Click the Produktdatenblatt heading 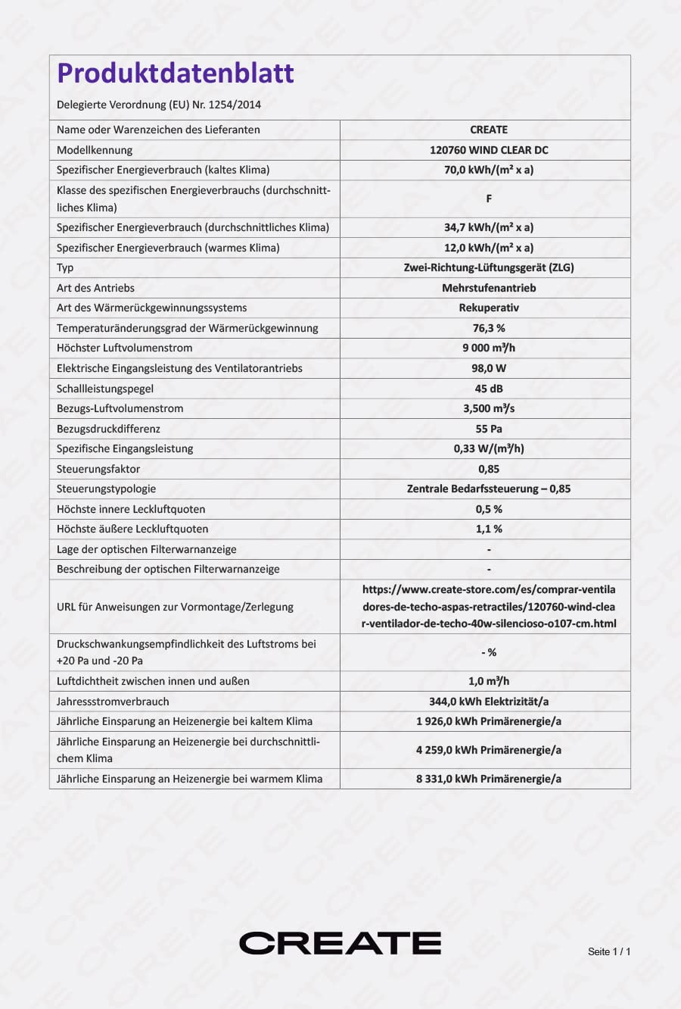click(x=176, y=73)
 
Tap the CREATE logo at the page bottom click(x=340, y=943)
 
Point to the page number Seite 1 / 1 click(x=608, y=951)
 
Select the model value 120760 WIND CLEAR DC click(x=489, y=150)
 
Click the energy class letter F click(x=489, y=198)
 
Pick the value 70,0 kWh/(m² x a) click(x=489, y=170)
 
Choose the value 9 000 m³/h click(x=489, y=348)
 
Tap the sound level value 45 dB click(x=489, y=389)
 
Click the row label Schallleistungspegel click(x=105, y=389)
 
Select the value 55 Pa click(x=489, y=429)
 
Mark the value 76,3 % click(x=489, y=328)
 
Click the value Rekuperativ click(x=489, y=308)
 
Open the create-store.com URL click(x=489, y=607)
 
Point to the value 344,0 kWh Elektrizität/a click(x=489, y=701)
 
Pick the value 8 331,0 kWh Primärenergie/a click(x=489, y=779)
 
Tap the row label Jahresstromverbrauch click(x=113, y=701)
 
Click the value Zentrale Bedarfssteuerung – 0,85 click(x=489, y=489)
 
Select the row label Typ click(x=65, y=267)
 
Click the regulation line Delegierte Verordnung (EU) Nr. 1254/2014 click(x=159, y=105)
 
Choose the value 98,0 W click(x=489, y=368)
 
